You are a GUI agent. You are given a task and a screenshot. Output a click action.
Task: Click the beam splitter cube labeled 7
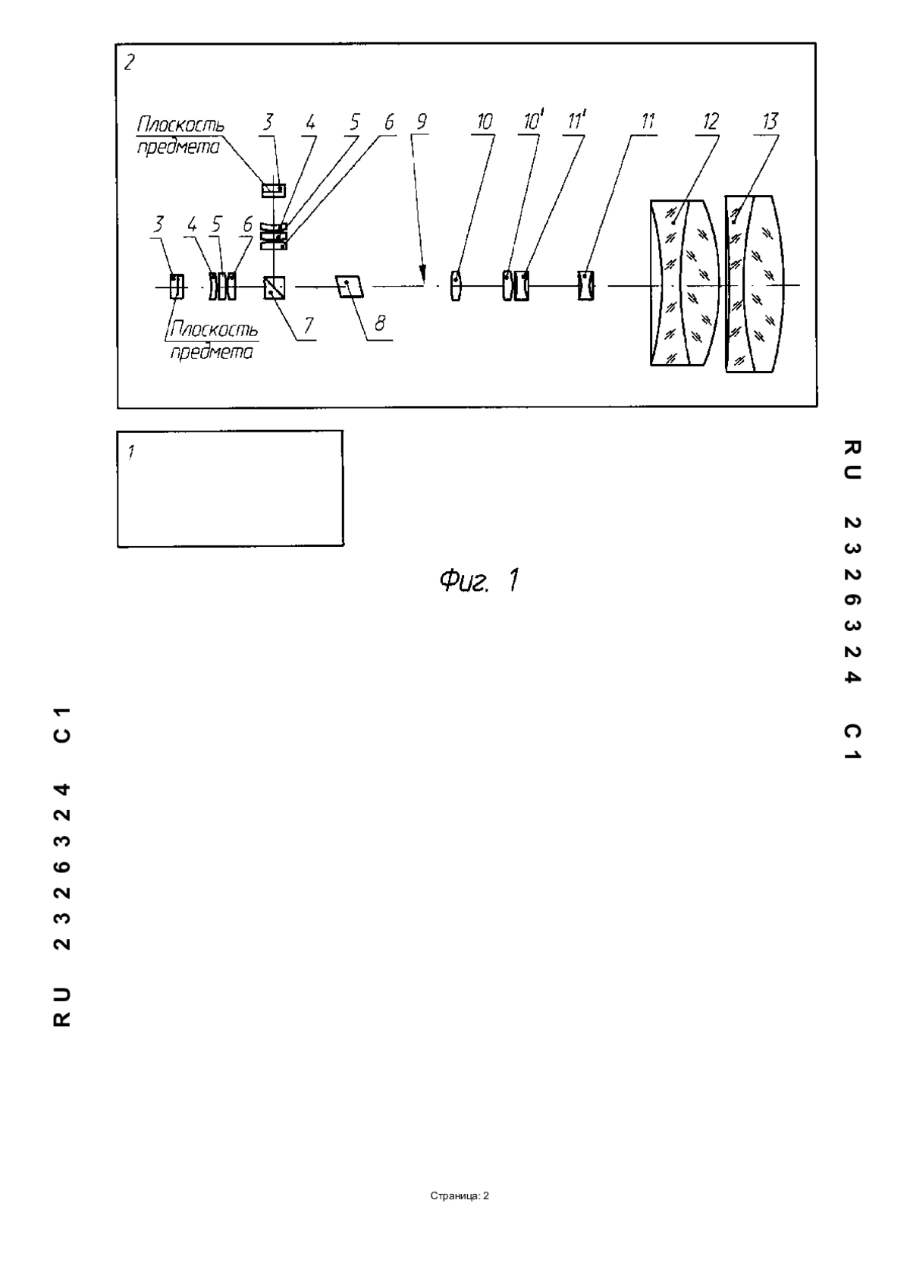[x=275, y=287]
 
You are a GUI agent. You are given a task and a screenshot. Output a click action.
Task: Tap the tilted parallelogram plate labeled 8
[x=350, y=287]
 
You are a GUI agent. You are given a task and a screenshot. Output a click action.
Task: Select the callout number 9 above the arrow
[x=422, y=122]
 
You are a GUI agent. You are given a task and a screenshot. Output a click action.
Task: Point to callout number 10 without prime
[x=485, y=122]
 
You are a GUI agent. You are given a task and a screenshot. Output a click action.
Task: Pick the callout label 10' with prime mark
[x=532, y=121]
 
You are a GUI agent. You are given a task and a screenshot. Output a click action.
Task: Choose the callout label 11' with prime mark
[x=576, y=121]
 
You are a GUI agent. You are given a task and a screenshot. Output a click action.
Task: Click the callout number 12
[x=710, y=122]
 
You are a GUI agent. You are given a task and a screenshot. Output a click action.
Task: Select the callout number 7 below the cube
[x=309, y=326]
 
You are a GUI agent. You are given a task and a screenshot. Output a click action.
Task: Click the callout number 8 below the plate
[x=380, y=325]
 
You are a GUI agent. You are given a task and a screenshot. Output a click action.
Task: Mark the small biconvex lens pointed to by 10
[x=455, y=286]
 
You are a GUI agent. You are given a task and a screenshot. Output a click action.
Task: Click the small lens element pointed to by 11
[x=585, y=286]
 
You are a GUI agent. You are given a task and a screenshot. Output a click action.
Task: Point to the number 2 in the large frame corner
[x=130, y=62]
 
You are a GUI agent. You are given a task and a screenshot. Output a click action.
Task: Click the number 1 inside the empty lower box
[x=132, y=453]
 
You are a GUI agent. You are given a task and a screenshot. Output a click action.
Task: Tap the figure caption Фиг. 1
[x=479, y=581]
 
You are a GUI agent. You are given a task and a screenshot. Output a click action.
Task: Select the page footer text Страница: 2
[x=460, y=1196]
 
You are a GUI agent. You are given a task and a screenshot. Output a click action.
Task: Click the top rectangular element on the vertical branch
[x=274, y=190]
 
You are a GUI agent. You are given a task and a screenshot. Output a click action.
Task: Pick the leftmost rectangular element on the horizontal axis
[x=177, y=287]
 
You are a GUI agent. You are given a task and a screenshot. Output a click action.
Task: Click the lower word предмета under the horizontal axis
[x=211, y=352]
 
